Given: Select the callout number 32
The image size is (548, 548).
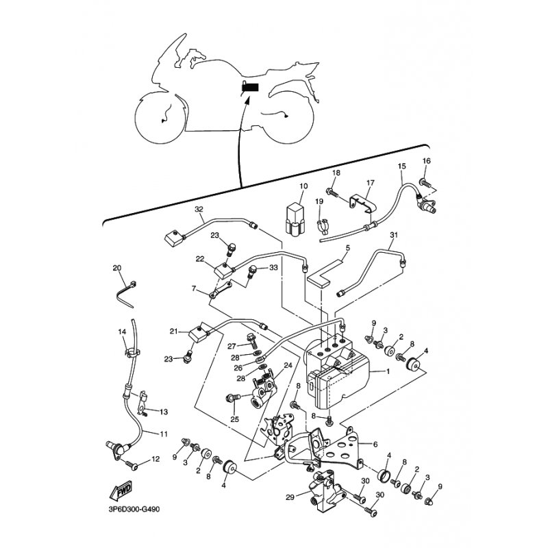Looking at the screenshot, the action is tap(199, 210).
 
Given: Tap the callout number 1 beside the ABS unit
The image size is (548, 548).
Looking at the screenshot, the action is tap(388, 371).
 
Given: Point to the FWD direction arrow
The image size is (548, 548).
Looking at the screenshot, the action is tap(121, 490).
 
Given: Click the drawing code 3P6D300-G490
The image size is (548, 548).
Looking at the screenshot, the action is tap(134, 509).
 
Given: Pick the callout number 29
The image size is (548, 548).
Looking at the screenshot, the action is tap(290, 497).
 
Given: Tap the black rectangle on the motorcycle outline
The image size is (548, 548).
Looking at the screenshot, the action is tap(251, 87).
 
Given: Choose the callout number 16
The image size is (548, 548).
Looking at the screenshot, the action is tap(427, 161).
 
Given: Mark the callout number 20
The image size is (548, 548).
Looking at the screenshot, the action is tap(117, 268).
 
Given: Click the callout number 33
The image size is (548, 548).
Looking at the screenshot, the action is tap(273, 267).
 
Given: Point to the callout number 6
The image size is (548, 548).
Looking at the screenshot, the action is tap(375, 445).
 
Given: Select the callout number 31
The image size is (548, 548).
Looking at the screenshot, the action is tap(394, 235).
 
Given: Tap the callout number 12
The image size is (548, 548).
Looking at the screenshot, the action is tap(155, 459).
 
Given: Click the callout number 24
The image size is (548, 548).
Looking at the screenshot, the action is tap(288, 366).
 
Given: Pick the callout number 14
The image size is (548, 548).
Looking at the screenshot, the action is tap(122, 332).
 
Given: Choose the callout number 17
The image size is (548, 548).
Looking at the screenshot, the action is tap(371, 182).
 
